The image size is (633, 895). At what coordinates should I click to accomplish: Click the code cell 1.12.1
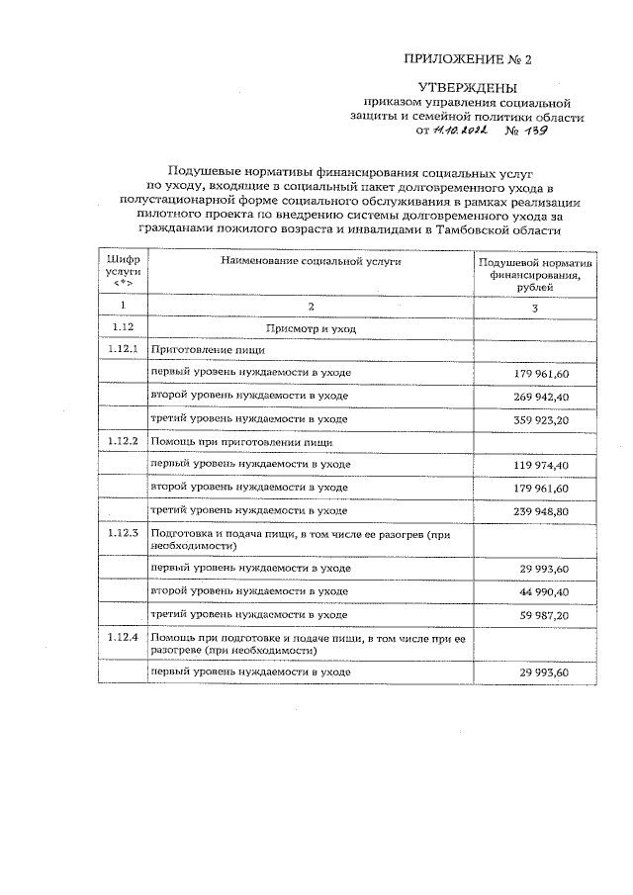[x=124, y=349]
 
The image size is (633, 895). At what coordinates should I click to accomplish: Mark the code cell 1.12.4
[x=124, y=638]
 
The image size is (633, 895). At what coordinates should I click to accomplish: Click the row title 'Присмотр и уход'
[x=311, y=327]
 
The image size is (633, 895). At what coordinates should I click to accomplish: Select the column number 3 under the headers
[x=534, y=308]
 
